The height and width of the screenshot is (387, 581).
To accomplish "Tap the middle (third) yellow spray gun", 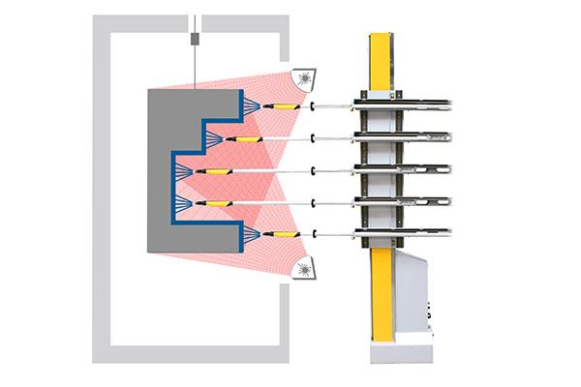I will (215, 171).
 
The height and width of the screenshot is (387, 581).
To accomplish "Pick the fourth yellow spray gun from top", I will (215, 202).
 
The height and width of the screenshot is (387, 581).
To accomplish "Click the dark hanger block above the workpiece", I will (196, 40).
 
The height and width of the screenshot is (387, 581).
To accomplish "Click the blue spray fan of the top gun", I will (250, 105).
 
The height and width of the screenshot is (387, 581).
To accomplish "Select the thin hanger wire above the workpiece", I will (196, 68).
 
